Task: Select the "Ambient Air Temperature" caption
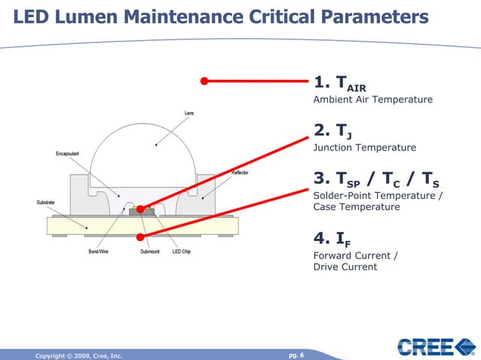[372, 99]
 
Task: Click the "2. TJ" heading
[332, 133]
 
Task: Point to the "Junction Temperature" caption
[364, 148]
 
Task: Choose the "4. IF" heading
[332, 240]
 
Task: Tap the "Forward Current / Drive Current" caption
[356, 261]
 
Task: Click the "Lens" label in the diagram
[189, 114]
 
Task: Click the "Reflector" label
[240, 172]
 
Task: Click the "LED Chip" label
[181, 252]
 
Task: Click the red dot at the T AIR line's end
[204, 81]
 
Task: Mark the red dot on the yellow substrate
[140, 237]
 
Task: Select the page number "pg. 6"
[296, 354]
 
